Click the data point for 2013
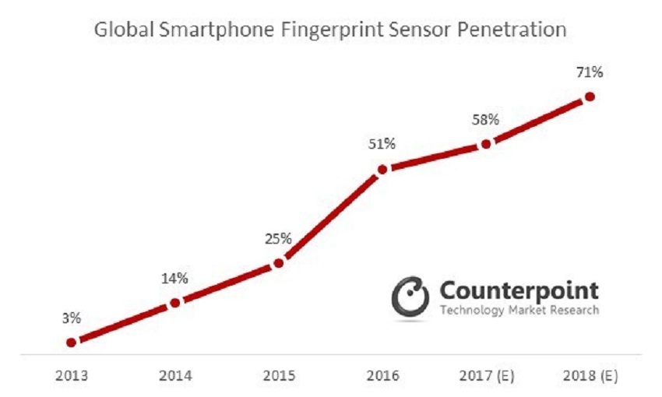pos(71,342)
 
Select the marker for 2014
pos(175,302)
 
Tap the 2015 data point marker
pos(279,263)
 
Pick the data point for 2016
pos(382,169)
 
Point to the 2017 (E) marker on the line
pos(486,144)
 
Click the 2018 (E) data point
pos(590,97)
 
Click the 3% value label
pos(71,318)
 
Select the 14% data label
pos(174,278)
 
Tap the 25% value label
pos(279,238)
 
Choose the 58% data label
pos(486,120)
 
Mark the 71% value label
pos(590,72)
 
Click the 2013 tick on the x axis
pos(71,376)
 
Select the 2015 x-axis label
pos(279,376)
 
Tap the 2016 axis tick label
pos(382,376)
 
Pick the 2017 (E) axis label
pos(486,376)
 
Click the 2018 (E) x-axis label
pos(590,376)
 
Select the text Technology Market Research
pos(519,311)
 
